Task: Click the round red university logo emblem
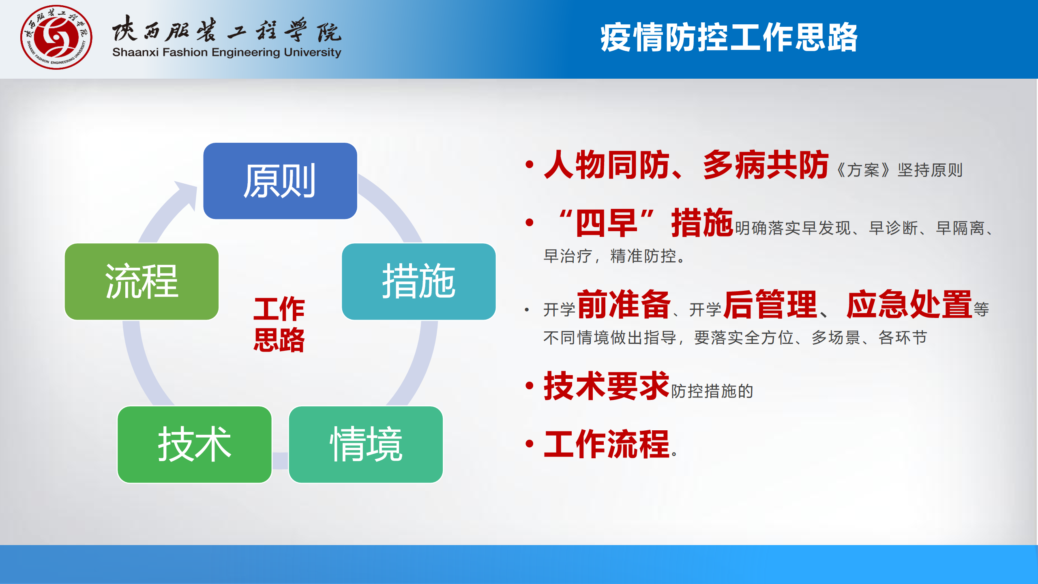point(56,37)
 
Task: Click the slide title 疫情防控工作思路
point(729,37)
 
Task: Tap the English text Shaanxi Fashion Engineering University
point(227,53)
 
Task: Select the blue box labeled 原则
point(280,181)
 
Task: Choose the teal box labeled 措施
point(419,281)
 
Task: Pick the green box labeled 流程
point(142,281)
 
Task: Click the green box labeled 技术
point(195,444)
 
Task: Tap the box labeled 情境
point(366,444)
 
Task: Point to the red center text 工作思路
point(279,324)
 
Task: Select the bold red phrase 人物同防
point(607,165)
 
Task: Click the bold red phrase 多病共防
point(766,165)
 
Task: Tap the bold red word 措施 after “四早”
point(702,222)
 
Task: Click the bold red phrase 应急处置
point(909,304)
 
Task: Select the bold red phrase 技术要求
point(607,386)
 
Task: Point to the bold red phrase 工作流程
point(607,444)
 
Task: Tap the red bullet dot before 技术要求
point(529,385)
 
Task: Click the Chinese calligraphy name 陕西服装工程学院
point(227,29)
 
